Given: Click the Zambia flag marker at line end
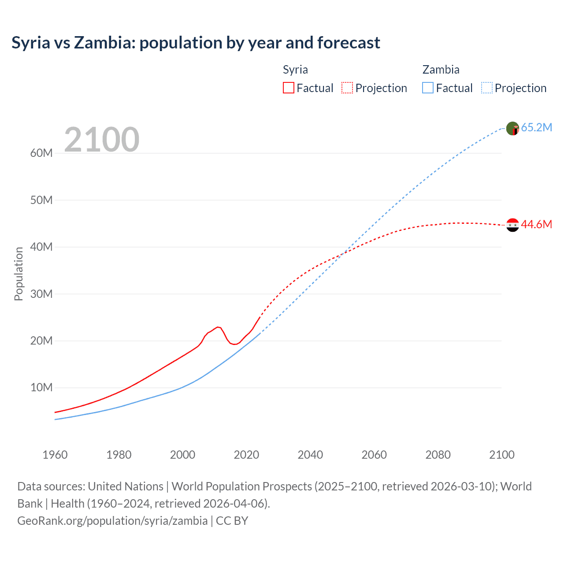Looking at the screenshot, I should pyautogui.click(x=512, y=128).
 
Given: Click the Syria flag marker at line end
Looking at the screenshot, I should pyautogui.click(x=512, y=225).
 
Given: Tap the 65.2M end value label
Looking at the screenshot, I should pyautogui.click(x=536, y=128).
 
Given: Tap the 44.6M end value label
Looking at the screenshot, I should pyautogui.click(x=536, y=225).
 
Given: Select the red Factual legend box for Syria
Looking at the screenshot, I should pyautogui.click(x=288, y=88).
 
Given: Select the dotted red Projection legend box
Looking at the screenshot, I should pyautogui.click(x=347, y=88).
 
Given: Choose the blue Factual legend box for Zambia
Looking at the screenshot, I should pyautogui.click(x=428, y=88).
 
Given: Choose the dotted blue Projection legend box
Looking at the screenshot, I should pyautogui.click(x=487, y=88).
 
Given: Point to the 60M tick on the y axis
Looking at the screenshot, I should pyautogui.click(x=41, y=153).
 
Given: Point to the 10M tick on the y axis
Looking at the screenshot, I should pyautogui.click(x=41, y=388).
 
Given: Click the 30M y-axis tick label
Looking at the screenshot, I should pyautogui.click(x=41, y=294).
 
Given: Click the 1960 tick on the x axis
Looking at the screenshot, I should pyautogui.click(x=55, y=455).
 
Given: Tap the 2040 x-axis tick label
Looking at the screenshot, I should pyautogui.click(x=310, y=455).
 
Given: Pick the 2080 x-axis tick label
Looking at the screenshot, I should pyautogui.click(x=438, y=455).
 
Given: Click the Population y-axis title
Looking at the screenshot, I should pyautogui.click(x=19, y=274).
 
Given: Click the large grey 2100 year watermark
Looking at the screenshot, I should pyautogui.click(x=102, y=140).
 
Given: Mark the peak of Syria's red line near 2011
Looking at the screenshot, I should pyautogui.click(x=218, y=327).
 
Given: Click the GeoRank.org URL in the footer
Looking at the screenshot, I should pyautogui.click(x=112, y=521).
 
